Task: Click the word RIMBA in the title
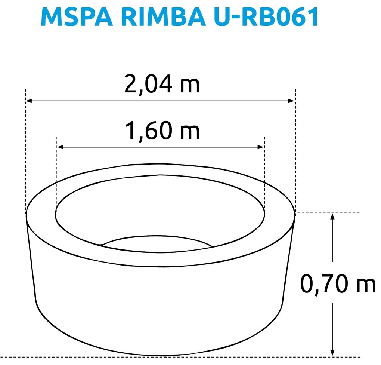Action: pyautogui.click(x=157, y=17)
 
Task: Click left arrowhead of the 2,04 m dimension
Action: pyautogui.click(x=29, y=101)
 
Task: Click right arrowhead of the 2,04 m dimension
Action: pyautogui.click(x=292, y=101)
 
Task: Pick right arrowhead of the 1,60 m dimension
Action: pyautogui.click(x=261, y=147)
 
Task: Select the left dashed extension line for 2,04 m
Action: pyautogui.click(x=26, y=150)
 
